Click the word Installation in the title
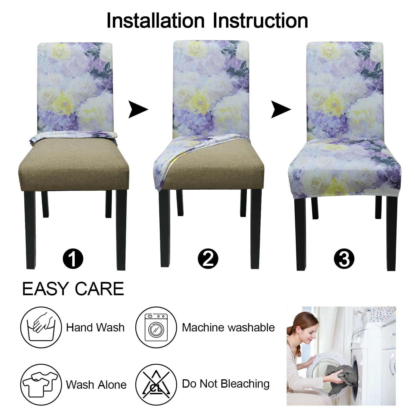(x=155, y=20)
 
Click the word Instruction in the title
(x=260, y=20)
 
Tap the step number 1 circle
(x=73, y=259)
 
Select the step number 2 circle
(x=208, y=259)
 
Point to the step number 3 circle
(x=344, y=259)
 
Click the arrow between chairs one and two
(x=138, y=110)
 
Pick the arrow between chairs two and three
(x=281, y=110)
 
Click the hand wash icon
(x=41, y=327)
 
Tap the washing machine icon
(x=156, y=327)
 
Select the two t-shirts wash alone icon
(x=41, y=385)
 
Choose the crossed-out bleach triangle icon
(x=156, y=385)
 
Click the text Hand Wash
(x=95, y=328)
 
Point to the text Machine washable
(x=228, y=328)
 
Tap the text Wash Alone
(x=96, y=385)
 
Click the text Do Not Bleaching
(x=226, y=384)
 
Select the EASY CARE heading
(x=73, y=289)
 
